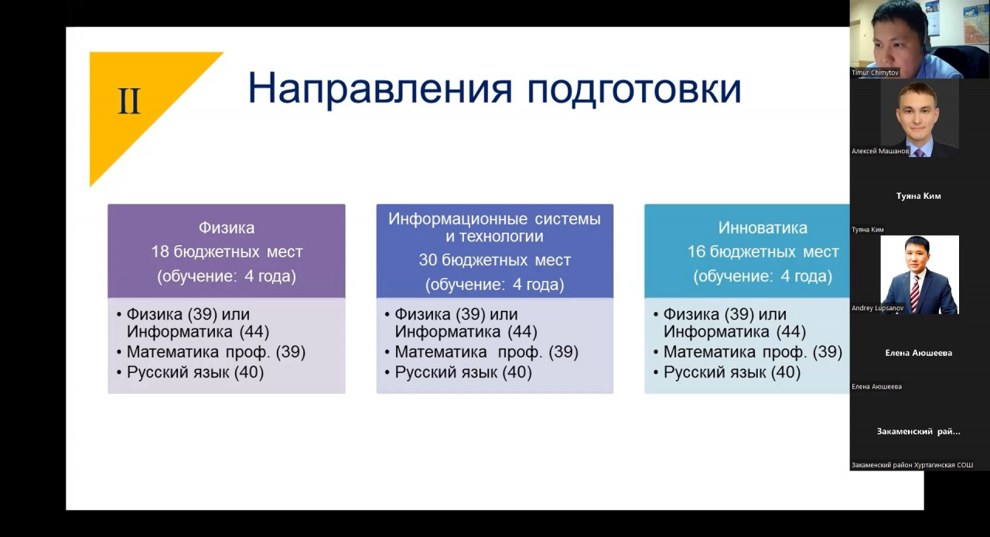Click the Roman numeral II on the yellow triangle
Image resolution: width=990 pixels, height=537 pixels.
coord(129,101)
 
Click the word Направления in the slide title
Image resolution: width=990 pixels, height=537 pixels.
coord(380,88)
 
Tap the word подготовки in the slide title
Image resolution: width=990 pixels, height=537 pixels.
coord(634,91)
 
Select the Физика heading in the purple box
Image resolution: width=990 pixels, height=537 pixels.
coord(227,227)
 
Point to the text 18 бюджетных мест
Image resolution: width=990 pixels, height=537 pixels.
coord(227,251)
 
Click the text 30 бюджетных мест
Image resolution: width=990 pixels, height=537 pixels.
coord(494,260)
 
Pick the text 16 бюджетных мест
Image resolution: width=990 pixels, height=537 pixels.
coord(763,251)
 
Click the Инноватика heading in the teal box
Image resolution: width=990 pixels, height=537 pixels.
coord(763,227)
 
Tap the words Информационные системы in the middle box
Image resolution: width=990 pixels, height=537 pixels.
coord(494,219)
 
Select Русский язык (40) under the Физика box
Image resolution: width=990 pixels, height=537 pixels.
coord(196,372)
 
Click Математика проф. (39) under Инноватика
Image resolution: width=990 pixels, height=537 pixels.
coord(753,352)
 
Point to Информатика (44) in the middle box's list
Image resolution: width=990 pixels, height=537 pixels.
coord(466,332)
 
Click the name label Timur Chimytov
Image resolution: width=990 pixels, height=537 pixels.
coord(875,73)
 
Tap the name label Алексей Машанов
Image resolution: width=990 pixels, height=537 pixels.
coord(880,152)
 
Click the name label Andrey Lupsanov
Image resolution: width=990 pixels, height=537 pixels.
coord(878,308)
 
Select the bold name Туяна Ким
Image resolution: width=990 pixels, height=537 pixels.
coord(918,196)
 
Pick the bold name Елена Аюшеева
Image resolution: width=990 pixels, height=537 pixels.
coord(918,353)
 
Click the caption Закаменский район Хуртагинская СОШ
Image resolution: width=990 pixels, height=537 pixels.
coord(912,465)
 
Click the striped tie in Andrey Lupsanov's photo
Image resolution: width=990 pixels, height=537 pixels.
coord(915,294)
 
